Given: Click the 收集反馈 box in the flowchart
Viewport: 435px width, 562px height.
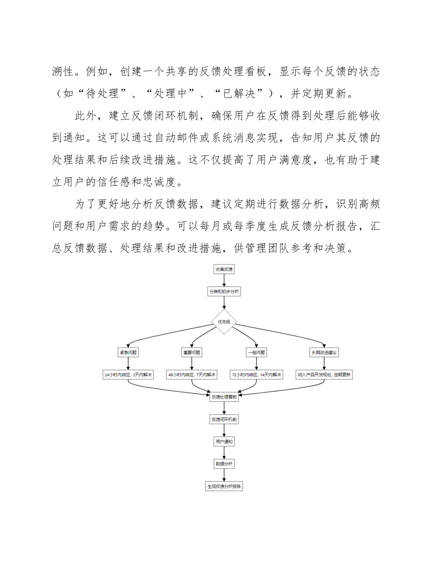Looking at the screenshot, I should point(224,269).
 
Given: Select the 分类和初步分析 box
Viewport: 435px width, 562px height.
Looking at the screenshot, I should point(224,291).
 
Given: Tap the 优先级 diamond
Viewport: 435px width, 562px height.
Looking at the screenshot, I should point(224,322).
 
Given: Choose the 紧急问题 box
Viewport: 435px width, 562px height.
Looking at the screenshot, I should point(128,352).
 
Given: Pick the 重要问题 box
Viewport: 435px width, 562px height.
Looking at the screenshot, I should point(192,352).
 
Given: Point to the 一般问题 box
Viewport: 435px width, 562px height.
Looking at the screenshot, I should point(256,352).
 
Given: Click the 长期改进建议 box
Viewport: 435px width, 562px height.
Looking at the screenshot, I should point(325,352).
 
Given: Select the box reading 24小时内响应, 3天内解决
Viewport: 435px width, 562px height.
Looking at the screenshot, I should point(128,375).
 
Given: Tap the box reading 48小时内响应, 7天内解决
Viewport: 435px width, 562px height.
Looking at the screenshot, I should point(192,375).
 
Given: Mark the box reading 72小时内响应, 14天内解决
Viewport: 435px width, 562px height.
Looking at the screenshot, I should point(256,375).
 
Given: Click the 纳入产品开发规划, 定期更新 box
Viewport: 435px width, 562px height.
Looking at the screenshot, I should point(325,375).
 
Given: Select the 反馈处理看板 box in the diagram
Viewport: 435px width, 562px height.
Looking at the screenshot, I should point(224,397).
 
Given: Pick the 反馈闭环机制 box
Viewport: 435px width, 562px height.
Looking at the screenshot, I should point(224,419).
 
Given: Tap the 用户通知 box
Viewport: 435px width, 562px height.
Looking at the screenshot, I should point(224,442).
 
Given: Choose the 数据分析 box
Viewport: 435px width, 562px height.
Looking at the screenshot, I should point(224,464).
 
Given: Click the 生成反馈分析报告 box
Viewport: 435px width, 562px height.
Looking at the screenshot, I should point(224,486).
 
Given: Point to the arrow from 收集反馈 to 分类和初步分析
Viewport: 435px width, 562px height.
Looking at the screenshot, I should point(224,280).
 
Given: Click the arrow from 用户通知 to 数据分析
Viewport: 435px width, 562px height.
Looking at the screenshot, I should point(224,453).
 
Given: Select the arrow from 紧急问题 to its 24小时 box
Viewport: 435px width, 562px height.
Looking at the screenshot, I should point(128,363).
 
